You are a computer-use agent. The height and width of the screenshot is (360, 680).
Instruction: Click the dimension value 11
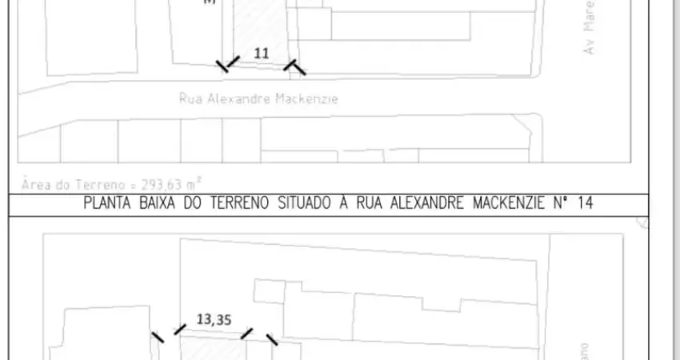(x=262, y=54)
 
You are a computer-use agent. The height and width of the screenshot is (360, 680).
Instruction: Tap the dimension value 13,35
(x=214, y=319)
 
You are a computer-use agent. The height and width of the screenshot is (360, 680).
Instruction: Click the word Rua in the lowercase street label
(x=190, y=99)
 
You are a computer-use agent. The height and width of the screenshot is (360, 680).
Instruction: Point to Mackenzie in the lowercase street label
(x=306, y=99)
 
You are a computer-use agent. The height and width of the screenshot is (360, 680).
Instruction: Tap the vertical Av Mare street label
(x=590, y=34)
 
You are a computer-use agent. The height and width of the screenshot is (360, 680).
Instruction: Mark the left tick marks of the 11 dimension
(x=228, y=64)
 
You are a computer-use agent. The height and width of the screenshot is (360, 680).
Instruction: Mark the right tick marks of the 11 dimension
(x=294, y=67)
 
